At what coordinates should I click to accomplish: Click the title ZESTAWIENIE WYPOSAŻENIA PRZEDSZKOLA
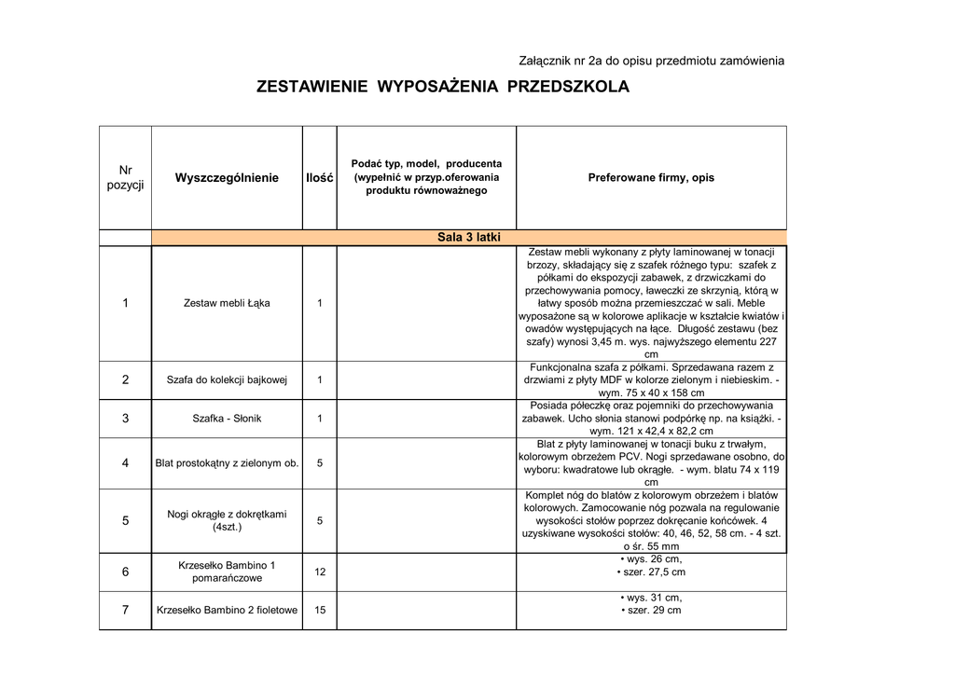click(443, 88)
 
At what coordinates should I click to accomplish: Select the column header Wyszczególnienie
click(227, 178)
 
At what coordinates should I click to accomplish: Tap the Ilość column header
click(320, 178)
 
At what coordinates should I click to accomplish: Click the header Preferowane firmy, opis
click(651, 177)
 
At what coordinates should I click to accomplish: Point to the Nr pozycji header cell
click(125, 177)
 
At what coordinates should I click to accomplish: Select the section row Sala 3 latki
click(469, 238)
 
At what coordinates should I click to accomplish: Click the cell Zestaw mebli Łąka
click(227, 303)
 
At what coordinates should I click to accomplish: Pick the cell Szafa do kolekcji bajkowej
click(227, 379)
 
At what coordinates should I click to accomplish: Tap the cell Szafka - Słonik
click(227, 419)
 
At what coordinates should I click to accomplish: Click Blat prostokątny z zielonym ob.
click(227, 463)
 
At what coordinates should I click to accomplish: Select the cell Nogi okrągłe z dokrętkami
click(227, 520)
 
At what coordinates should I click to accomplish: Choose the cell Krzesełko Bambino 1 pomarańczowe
click(227, 572)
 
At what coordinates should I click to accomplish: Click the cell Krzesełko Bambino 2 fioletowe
click(227, 611)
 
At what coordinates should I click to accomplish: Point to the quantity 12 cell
click(320, 572)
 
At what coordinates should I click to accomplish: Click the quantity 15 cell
click(320, 611)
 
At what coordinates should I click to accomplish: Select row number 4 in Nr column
click(125, 463)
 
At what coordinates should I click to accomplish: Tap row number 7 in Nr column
click(125, 611)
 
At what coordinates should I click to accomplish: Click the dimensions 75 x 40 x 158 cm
click(651, 393)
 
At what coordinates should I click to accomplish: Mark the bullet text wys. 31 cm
click(651, 598)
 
